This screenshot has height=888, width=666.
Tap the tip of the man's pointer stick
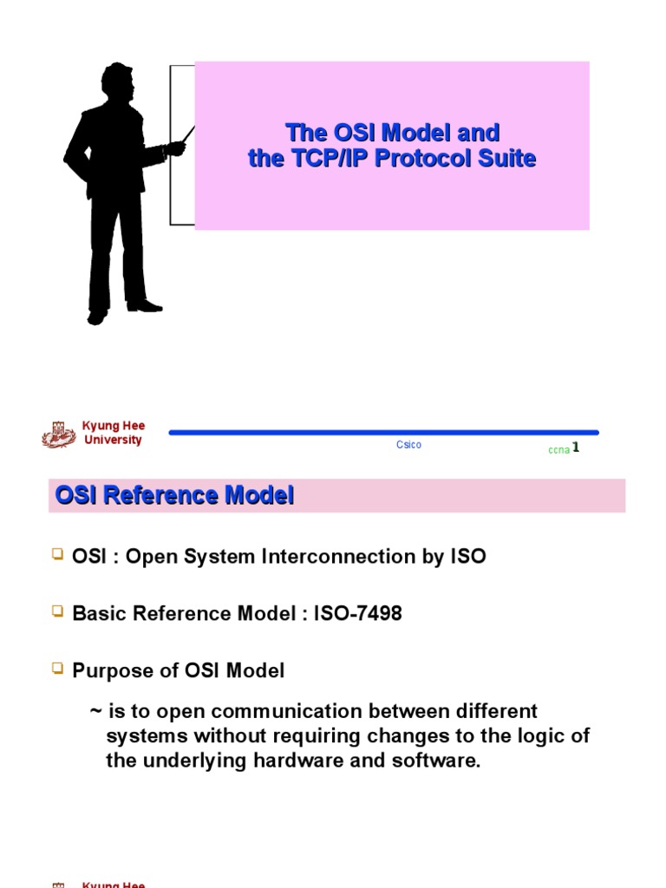pyautogui.click(x=193, y=128)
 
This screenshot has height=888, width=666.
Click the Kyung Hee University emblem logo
pyautogui.click(x=59, y=434)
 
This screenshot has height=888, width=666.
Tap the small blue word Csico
pyautogui.click(x=408, y=445)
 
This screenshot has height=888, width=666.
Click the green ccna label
pyautogui.click(x=558, y=450)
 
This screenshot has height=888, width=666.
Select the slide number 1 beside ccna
pyautogui.click(x=576, y=447)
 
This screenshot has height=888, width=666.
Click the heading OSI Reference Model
pyautogui.click(x=175, y=496)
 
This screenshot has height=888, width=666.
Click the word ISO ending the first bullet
pyautogui.click(x=467, y=557)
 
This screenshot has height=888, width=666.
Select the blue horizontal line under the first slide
pyautogui.click(x=382, y=432)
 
